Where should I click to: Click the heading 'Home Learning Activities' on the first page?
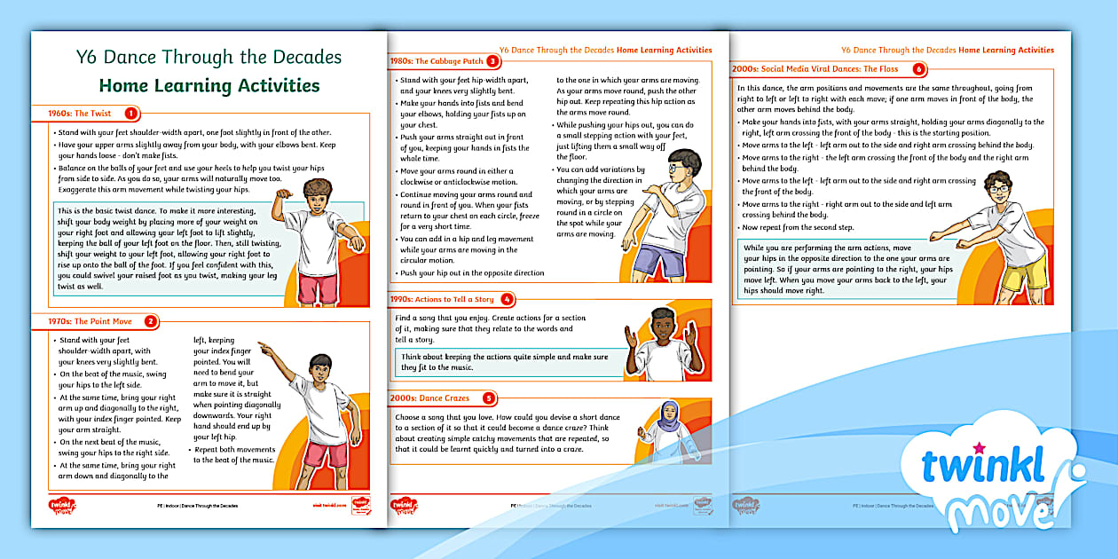(x=209, y=85)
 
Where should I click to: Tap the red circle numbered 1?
(x=131, y=113)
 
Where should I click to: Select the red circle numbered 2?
(x=151, y=321)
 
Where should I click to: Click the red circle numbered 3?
(x=493, y=61)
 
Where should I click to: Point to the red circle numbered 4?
(x=507, y=299)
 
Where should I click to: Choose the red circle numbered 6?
(x=918, y=68)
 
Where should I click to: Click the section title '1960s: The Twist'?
(x=80, y=114)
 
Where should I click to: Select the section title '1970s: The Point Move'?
(x=90, y=321)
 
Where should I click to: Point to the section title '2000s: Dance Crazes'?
(x=430, y=398)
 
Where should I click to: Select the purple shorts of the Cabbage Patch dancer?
(x=655, y=260)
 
